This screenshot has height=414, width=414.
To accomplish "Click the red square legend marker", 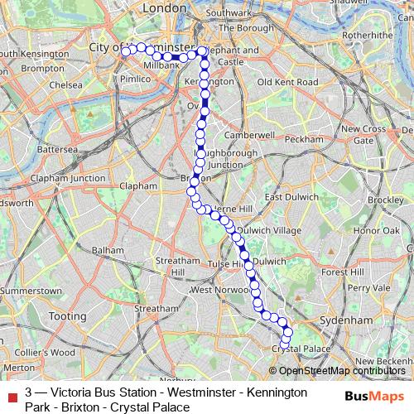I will [x=11, y=392].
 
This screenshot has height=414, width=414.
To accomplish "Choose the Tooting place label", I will [x=67, y=316].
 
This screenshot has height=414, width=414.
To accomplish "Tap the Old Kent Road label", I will [x=287, y=83].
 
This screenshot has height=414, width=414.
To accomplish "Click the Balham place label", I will [x=108, y=249].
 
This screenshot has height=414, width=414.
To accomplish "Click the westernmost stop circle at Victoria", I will [x=126, y=51].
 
